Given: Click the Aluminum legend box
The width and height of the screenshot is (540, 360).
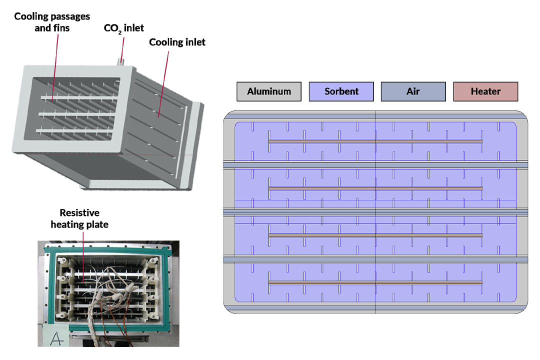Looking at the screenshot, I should point(269,91).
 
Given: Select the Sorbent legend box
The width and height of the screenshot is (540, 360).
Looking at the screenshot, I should point(341,91).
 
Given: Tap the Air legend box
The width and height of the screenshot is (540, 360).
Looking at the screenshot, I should point(413,91).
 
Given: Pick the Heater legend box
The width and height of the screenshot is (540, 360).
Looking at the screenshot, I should point(485,91).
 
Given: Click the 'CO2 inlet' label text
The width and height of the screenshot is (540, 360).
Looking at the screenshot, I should point(123,28).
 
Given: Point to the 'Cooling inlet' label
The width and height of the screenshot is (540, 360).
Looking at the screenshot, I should point(177,42).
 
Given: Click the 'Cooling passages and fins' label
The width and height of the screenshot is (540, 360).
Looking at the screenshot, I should point(52,22).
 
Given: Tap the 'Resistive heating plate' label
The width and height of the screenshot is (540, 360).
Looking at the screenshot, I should point(79,219).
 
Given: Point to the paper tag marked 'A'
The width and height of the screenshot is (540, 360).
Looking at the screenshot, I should point(57,338).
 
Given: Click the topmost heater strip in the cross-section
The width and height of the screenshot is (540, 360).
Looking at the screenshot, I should point(375,141).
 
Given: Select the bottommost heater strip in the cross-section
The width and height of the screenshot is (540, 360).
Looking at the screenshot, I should point(375,283).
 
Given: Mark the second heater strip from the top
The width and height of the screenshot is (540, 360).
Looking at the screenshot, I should point(375,188).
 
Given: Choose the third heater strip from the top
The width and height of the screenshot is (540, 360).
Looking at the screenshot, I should point(375,235).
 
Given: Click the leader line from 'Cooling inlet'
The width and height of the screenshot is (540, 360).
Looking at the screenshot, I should point(164,80).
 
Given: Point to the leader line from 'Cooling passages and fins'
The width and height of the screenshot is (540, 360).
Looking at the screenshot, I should point(53,65).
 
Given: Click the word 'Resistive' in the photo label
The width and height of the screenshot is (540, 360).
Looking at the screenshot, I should point(79,213).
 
